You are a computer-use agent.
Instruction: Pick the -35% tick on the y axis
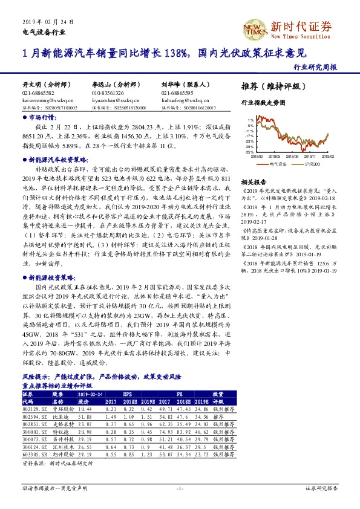pos(249,152)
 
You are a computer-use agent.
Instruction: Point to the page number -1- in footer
pos(180,487)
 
